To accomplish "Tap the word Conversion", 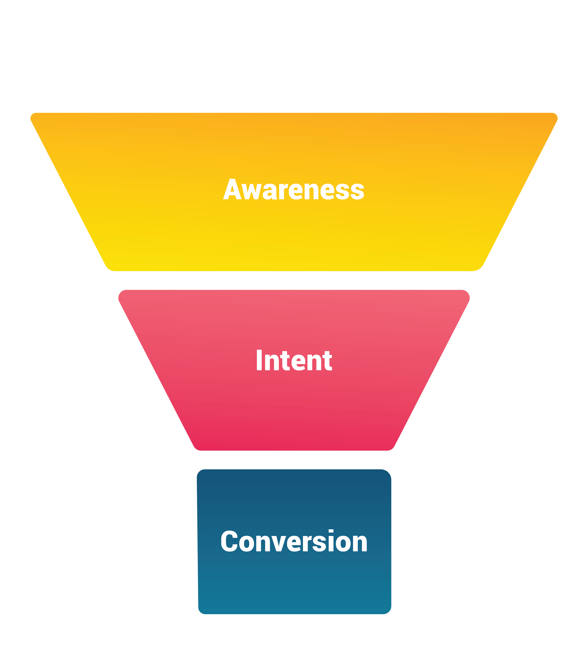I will (x=294, y=541).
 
